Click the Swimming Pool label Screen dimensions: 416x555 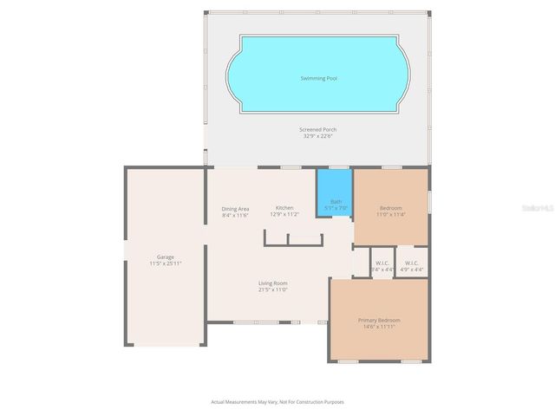click(x=318, y=78)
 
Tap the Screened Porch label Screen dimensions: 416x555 click(x=318, y=129)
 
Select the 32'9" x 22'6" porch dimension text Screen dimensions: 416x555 click(x=318, y=136)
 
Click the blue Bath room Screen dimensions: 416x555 click(x=335, y=195)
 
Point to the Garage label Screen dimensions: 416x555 click(x=165, y=257)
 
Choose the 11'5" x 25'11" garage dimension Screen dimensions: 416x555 click(x=165, y=263)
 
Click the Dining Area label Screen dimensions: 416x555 click(x=235, y=208)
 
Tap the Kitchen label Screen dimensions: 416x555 click(x=284, y=208)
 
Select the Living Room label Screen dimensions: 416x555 click(x=272, y=283)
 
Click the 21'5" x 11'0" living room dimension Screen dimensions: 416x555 click(x=272, y=290)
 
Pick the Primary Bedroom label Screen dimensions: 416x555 click(x=379, y=320)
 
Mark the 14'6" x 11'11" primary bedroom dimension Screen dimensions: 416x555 click(x=379, y=327)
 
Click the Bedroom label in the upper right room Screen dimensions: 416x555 click(x=390, y=208)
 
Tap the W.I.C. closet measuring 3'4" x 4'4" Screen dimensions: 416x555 click(x=382, y=266)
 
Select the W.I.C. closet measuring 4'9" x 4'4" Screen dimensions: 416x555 click(x=412, y=266)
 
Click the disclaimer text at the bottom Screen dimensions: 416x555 click(x=277, y=401)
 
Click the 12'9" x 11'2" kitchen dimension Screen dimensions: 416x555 click(x=284, y=214)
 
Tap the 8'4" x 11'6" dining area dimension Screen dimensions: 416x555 click(x=235, y=215)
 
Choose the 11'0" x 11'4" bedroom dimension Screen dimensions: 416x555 click(x=390, y=215)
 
